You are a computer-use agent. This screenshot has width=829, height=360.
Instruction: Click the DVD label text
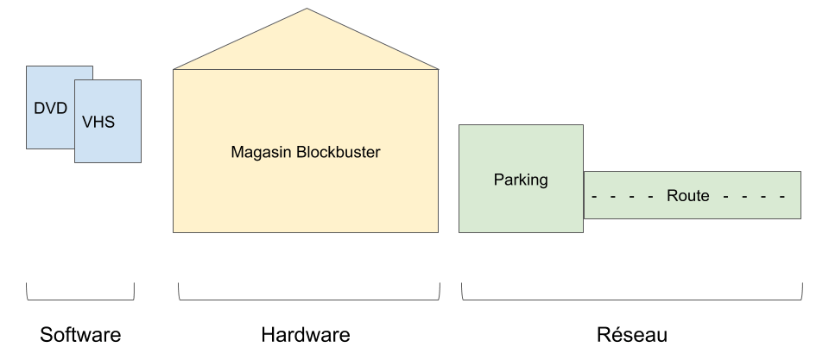(x=50, y=109)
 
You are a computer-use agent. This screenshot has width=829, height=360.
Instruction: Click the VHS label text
(x=98, y=123)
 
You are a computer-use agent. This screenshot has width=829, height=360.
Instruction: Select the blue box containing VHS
(x=108, y=147)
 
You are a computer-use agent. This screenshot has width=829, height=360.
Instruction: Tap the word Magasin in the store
(x=262, y=152)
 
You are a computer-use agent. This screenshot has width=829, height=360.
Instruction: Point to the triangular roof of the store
(x=306, y=47)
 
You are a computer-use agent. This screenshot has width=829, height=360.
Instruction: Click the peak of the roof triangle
(x=306, y=10)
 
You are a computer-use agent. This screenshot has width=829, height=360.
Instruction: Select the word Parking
(x=520, y=180)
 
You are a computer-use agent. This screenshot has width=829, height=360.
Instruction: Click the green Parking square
(x=520, y=212)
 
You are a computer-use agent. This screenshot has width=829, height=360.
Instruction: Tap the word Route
(x=687, y=196)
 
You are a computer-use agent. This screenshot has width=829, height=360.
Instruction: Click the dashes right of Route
(x=753, y=196)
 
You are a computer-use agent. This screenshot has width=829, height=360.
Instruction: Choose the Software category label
(x=80, y=335)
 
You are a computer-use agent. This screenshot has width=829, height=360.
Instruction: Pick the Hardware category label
(x=306, y=335)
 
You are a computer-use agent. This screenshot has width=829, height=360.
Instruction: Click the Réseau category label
(x=632, y=335)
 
